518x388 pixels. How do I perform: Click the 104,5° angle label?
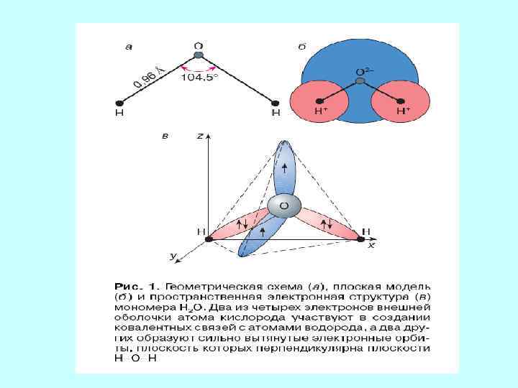pos(199,78)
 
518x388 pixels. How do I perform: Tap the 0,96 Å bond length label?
pos(150,76)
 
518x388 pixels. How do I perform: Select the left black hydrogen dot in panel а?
pos(119,102)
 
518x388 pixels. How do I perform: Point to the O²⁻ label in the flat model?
pos(364,73)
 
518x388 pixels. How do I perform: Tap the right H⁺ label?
pos(403,112)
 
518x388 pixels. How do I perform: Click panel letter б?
pos(303,47)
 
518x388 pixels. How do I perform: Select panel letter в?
pos(165,136)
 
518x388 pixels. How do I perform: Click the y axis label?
pos(173,255)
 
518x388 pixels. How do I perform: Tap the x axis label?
pos(371,245)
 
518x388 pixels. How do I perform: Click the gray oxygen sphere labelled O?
pos(283,206)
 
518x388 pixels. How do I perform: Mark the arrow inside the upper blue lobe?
pos(286,168)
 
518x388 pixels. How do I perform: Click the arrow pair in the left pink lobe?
pos(241,224)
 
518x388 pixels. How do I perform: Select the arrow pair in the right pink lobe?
pos(326,224)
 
